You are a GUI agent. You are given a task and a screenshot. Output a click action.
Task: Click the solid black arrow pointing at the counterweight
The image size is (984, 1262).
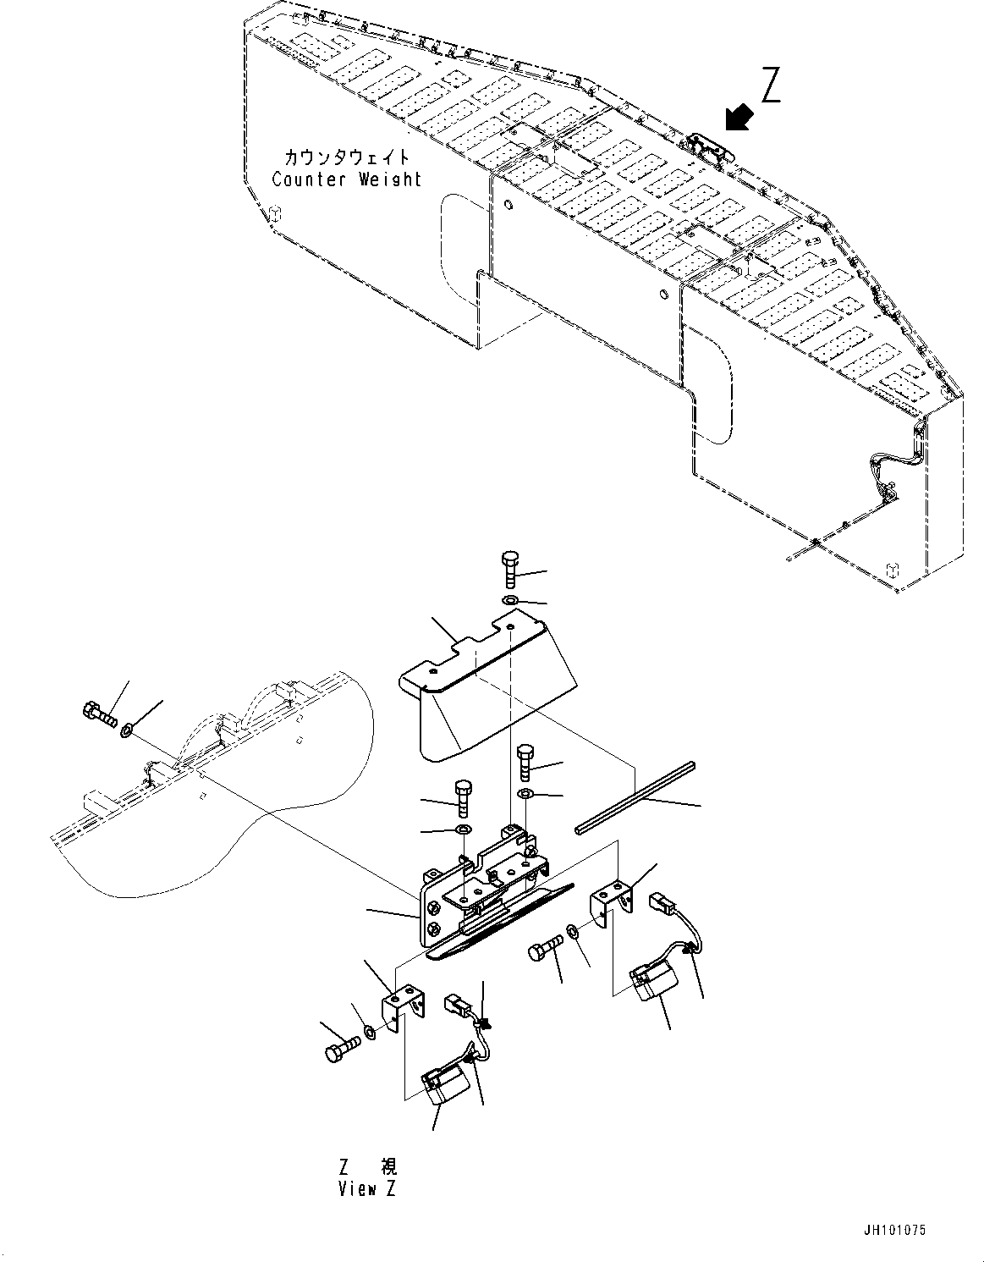coord(739,118)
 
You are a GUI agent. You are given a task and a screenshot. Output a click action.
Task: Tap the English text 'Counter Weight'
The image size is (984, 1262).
coord(346,179)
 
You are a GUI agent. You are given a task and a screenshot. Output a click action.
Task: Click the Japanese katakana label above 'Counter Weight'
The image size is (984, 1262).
coord(346,157)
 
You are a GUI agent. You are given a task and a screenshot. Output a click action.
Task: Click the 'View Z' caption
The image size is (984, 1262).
coord(367,1188)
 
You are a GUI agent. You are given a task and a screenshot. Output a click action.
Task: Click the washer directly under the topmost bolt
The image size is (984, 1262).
coord(510,601)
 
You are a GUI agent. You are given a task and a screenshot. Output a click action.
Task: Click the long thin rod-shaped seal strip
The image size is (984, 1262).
coord(633,798)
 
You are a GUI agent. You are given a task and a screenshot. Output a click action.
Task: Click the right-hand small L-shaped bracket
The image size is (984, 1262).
coord(614,904)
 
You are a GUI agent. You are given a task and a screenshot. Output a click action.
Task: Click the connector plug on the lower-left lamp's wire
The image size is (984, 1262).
coord(456,1006)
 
